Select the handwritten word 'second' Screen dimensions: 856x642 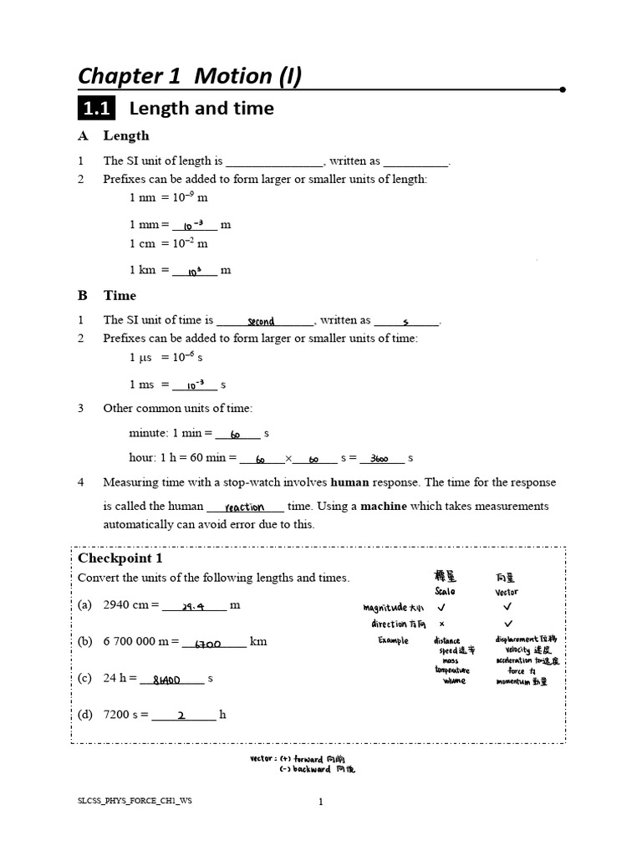261,321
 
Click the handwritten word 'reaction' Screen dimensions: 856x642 244,507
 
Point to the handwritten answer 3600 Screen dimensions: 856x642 384,459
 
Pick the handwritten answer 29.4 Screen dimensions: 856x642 194,607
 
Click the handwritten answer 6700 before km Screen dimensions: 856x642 207,644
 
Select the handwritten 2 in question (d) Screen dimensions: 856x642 182,716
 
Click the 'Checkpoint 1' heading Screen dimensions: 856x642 120,558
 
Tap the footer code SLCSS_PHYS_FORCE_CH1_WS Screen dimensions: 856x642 134,801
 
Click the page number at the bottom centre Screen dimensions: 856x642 320,802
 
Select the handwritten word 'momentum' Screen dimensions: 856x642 512,681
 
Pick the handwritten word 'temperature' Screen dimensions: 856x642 451,670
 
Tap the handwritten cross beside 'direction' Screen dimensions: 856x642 441,624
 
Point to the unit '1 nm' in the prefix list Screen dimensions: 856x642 143,198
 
